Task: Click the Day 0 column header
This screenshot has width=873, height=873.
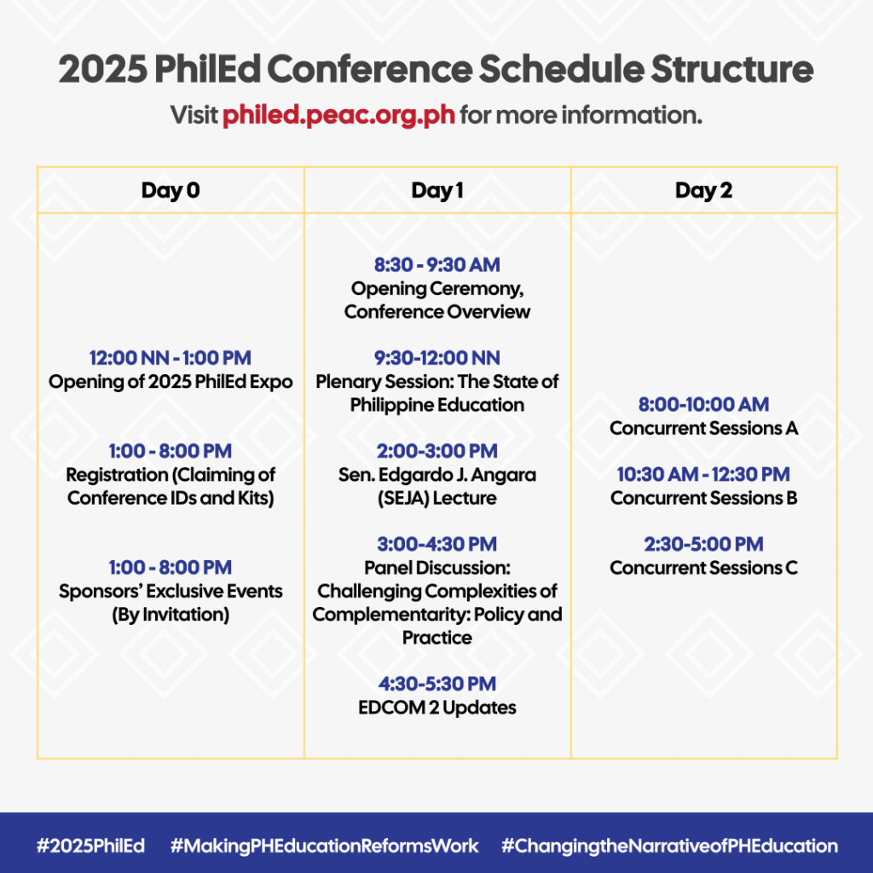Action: [171, 190]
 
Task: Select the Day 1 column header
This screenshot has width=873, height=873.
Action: [437, 190]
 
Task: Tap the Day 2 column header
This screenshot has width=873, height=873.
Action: [703, 190]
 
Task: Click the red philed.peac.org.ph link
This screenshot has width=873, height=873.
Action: [338, 115]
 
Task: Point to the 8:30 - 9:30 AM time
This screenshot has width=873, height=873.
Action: [437, 265]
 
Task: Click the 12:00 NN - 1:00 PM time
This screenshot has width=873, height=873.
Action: [171, 358]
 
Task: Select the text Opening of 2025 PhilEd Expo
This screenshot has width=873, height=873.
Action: [171, 382]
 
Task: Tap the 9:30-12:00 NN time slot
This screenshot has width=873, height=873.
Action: [437, 358]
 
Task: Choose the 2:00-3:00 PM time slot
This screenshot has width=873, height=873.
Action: [437, 451]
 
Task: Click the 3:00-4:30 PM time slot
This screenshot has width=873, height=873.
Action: [437, 544]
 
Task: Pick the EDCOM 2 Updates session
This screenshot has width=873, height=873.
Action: [437, 708]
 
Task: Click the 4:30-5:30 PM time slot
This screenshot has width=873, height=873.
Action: [437, 684]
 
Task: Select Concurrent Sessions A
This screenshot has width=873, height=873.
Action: [703, 428]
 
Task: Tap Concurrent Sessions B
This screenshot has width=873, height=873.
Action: [703, 498]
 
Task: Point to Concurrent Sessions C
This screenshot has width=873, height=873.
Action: [703, 568]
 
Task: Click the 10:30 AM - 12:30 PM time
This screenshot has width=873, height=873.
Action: [703, 474]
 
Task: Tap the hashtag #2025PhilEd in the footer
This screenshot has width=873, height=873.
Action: [90, 846]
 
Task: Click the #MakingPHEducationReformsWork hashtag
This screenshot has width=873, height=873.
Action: [324, 846]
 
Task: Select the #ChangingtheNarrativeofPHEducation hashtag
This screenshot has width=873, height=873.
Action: [669, 846]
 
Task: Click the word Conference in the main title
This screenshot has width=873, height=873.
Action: [370, 69]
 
